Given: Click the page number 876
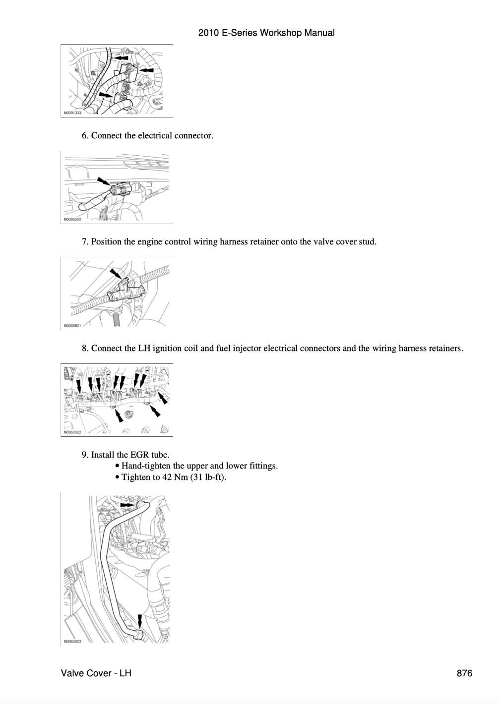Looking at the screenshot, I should (464, 673).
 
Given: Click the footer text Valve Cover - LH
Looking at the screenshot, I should (96, 673).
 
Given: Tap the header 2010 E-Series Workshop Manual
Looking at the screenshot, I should (266, 33).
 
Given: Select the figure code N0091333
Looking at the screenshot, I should (72, 113).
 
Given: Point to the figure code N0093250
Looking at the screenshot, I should (72, 220).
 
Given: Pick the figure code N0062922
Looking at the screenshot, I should (72, 432).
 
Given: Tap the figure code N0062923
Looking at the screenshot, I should (72, 641).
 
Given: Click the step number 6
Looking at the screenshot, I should (85, 136).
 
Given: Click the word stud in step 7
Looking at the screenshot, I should (367, 242).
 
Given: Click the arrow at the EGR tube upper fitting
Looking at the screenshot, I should (127, 505).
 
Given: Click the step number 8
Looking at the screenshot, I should (85, 349).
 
